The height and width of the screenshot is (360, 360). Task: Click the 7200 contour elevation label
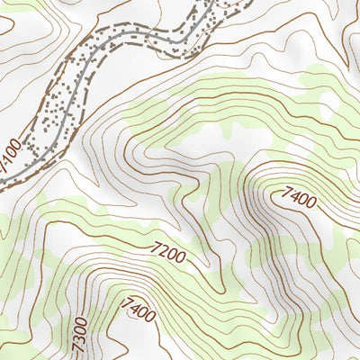[x=169, y=252]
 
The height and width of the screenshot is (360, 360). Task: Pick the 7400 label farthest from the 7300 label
[x=298, y=196]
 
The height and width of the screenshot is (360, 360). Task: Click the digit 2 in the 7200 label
[x=165, y=250]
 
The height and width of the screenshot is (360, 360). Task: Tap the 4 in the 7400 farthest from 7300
[x=293, y=193]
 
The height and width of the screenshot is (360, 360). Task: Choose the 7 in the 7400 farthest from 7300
[x=285, y=189]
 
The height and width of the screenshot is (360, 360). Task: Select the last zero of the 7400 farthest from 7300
[x=310, y=203]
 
